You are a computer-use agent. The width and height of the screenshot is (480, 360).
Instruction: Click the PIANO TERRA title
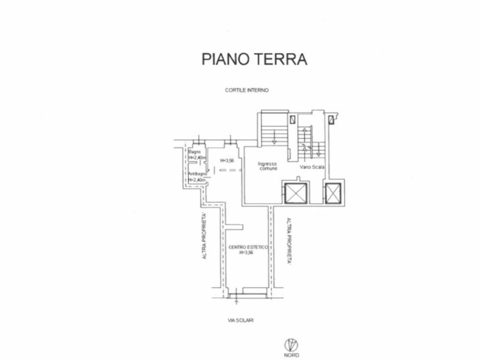(x=254, y=59)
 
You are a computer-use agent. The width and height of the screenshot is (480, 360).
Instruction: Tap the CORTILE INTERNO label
(x=247, y=90)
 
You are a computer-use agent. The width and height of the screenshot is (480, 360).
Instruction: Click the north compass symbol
(x=291, y=345)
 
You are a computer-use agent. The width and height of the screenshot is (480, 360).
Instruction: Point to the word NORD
(x=291, y=355)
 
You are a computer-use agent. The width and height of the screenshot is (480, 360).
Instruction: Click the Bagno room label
(x=195, y=152)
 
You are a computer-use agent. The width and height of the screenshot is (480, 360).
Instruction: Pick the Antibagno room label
(x=196, y=174)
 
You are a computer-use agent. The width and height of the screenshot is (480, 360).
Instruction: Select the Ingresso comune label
(x=268, y=166)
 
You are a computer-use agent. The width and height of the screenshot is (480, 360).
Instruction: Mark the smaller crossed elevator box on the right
(x=333, y=193)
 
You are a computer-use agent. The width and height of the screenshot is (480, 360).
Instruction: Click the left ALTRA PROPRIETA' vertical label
(x=204, y=237)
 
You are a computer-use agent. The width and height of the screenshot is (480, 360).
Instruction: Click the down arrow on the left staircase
(x=275, y=136)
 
